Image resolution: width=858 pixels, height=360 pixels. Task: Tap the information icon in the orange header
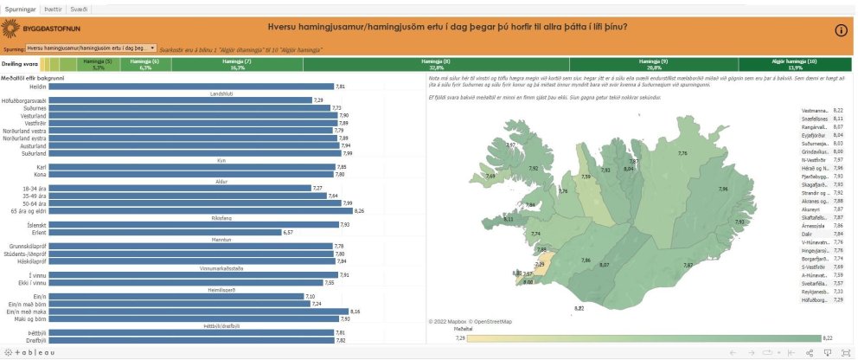842,30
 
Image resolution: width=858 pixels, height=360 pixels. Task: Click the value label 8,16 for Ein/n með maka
355,311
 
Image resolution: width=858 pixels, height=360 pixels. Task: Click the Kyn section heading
220,159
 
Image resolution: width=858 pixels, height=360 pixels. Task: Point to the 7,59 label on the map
586,177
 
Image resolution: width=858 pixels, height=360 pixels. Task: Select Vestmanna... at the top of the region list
816,110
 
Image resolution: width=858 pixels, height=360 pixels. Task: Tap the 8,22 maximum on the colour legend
827,338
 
